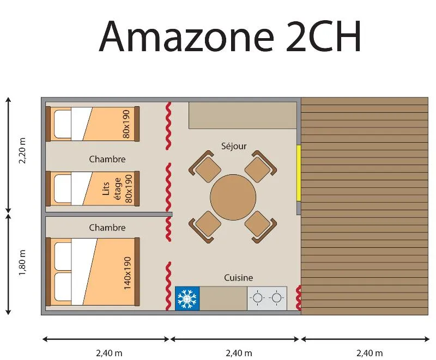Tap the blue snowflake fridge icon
187,298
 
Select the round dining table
233,197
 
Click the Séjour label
234,146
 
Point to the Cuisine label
238,278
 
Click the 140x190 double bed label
128,272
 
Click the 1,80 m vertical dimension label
22,263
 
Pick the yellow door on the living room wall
299,173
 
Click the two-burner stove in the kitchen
267,298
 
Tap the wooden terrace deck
364,206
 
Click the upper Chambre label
107,160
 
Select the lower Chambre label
107,228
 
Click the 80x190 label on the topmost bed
126,124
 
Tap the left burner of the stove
258,298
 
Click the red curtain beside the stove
298,298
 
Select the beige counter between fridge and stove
223,298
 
